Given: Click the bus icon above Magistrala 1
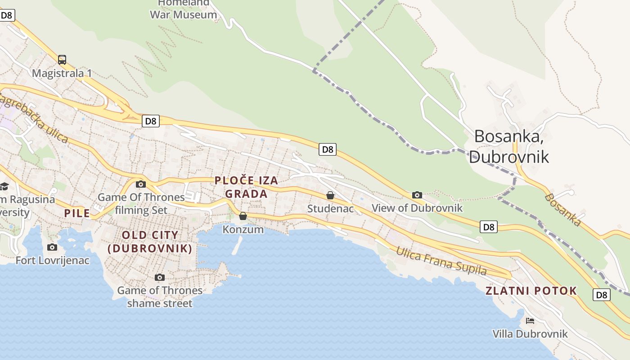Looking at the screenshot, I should coord(62,59).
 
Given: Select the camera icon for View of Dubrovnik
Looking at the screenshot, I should coord(417,195).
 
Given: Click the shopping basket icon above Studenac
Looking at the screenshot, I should coord(330,195).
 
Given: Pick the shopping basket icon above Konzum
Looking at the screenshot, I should coord(243,216).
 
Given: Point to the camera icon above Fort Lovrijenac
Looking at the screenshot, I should coord(52,247).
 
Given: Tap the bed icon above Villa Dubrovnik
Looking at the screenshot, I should coord(530,320).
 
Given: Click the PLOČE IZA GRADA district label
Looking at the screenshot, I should coord(246,187).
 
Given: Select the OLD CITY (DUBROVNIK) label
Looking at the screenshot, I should coord(150,242).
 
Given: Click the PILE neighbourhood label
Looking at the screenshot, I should coord(77,213).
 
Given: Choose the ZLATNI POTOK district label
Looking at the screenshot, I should coord(531,291).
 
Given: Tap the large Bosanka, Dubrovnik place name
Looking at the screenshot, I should coord(509,146).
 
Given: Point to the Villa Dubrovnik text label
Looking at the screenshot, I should coord(530,334).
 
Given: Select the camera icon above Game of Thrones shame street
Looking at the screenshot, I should coord(159,277).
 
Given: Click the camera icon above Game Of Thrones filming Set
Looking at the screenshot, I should coord(141,184).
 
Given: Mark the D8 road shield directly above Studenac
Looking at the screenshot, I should coord(328,149).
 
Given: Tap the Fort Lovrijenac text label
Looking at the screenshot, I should coord(53,261).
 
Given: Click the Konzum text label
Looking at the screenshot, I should coord(243,229).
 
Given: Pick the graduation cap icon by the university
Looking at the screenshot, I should coord(4,186).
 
